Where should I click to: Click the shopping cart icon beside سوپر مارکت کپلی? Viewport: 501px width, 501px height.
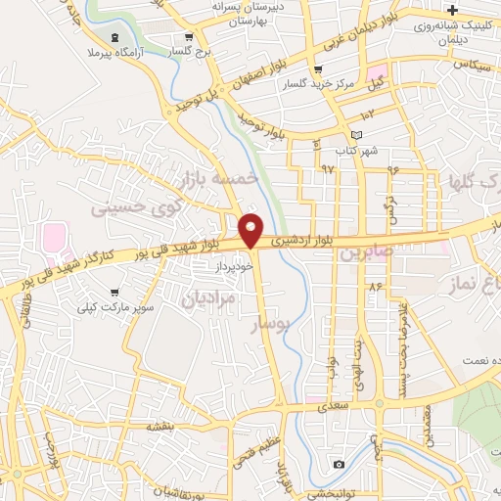(x=115, y=292)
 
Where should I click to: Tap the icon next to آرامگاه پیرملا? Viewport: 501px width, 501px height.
(x=117, y=37)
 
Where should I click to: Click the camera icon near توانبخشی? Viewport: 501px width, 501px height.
(x=339, y=464)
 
